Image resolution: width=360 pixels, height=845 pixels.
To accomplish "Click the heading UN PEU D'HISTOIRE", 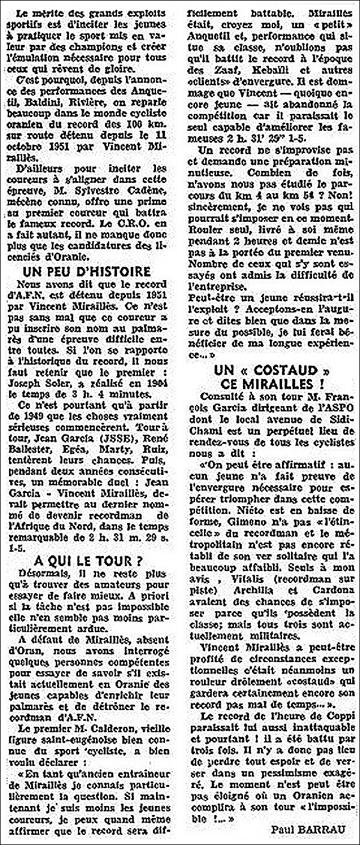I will click(x=93, y=271).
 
